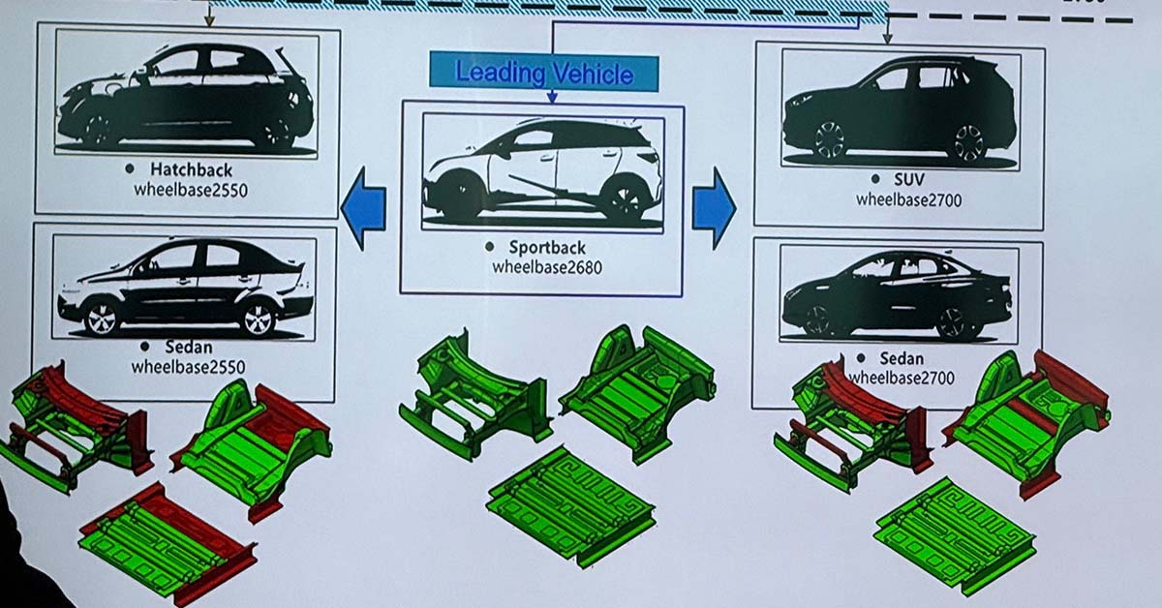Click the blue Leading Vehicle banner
[544, 73]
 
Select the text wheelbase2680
[546, 266]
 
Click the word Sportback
[548, 248]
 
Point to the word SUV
[909, 180]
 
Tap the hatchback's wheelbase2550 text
[191, 191]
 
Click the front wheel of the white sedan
[100, 318]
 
